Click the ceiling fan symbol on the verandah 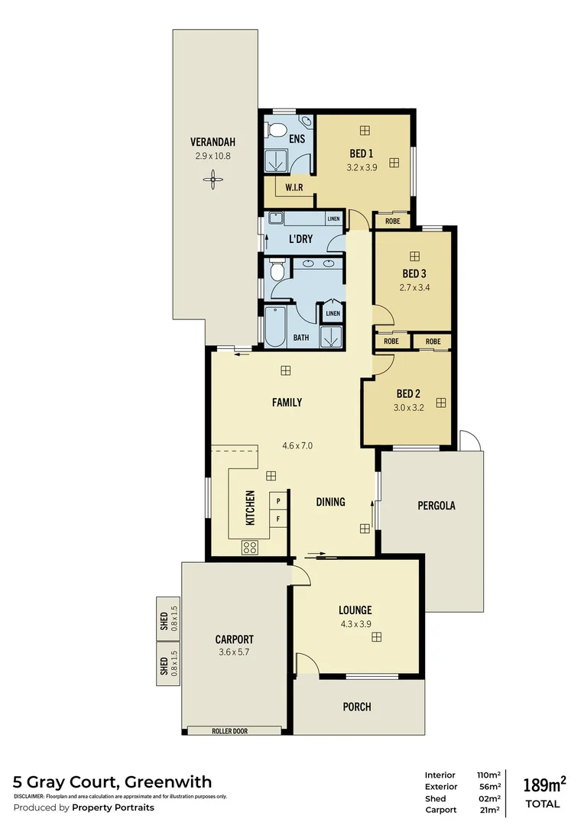213,180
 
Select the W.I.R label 295,188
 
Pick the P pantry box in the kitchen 278,501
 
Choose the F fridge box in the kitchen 278,519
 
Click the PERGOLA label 436,505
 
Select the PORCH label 356,707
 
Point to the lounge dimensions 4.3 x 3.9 355,624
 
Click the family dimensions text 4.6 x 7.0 297,445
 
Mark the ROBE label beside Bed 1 392,222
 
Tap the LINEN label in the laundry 333,219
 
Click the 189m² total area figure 543,784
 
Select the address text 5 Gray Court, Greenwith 112,781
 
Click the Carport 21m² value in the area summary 488,810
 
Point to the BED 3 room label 414,273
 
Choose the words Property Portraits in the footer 113,807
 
